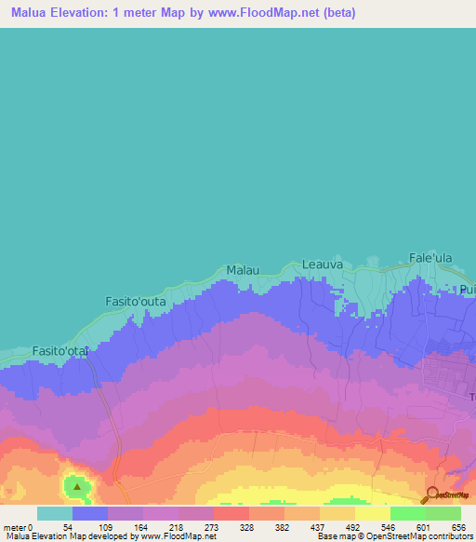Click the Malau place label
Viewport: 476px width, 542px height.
[x=242, y=270]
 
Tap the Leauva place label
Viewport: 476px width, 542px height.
[x=323, y=265]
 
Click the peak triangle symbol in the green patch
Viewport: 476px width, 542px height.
[x=77, y=485]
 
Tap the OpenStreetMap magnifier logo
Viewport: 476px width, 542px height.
[x=431, y=495]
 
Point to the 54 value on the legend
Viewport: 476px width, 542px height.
[x=67, y=527]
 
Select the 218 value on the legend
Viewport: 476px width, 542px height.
[x=173, y=527]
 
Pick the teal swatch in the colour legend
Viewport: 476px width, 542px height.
[x=54, y=513]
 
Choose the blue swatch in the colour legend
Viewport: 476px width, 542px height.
[x=89, y=513]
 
